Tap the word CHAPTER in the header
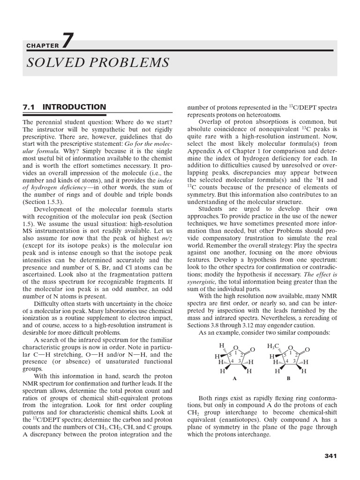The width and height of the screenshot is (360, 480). [43, 46]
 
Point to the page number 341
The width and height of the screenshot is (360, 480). [330, 456]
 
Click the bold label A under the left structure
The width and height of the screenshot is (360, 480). [234, 377]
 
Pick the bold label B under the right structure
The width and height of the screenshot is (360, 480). [289, 377]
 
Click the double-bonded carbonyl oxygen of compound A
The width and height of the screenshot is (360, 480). [253, 350]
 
